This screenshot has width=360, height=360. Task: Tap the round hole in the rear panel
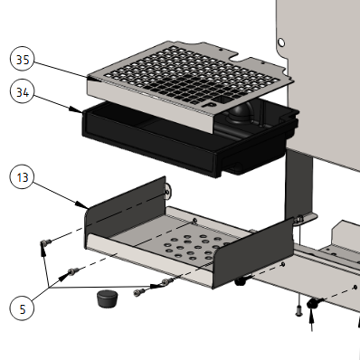pyautogui.click(x=283, y=42)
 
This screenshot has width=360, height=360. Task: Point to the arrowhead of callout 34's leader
pyautogui.click(x=81, y=111)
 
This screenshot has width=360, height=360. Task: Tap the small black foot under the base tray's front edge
pyautogui.click(x=242, y=282)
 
